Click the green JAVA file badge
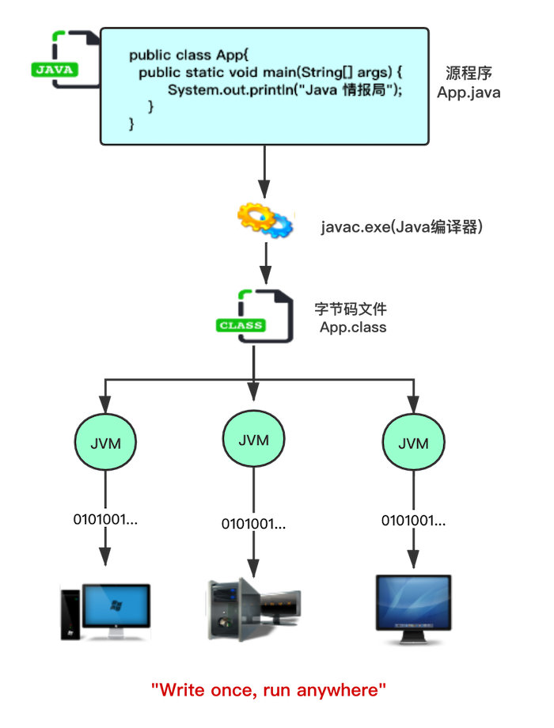pyautogui.click(x=55, y=69)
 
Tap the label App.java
pyautogui.click(x=469, y=92)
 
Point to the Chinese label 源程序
pyautogui.click(x=469, y=74)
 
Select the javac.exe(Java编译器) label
pyautogui.click(x=401, y=227)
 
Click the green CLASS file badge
pyautogui.click(x=241, y=325)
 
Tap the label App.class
pyautogui.click(x=353, y=327)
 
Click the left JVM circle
pyautogui.click(x=105, y=442)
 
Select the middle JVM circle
pyautogui.click(x=253, y=439)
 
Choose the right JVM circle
pyautogui.click(x=413, y=443)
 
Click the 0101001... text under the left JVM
pyautogui.click(x=105, y=519)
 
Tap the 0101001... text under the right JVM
pyautogui.click(x=413, y=520)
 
